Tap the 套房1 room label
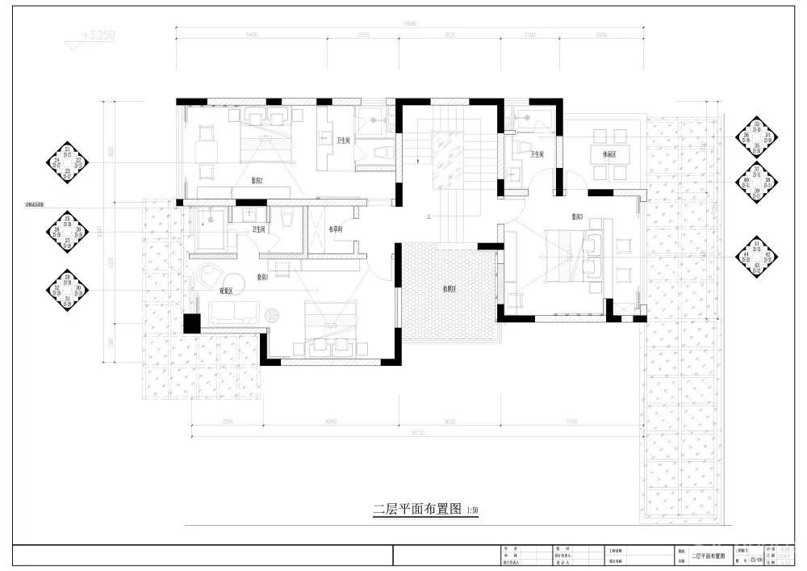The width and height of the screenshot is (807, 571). (x=262, y=276)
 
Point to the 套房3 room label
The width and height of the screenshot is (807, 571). (x=576, y=216)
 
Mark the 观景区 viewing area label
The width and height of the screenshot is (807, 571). (x=227, y=290)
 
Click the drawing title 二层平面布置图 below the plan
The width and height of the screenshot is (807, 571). (x=417, y=510)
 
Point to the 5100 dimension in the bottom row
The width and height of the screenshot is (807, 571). (x=571, y=422)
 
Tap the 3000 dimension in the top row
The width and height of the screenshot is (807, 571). (x=601, y=36)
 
